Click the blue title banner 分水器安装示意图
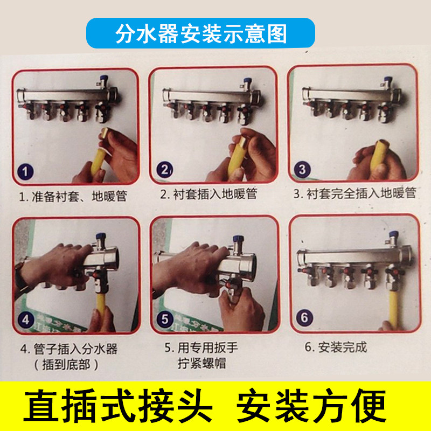tap(200, 33)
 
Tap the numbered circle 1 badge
tap(25, 172)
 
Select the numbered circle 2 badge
tap(165, 170)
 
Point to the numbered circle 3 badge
tap(302, 169)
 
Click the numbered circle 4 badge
tap(26, 319)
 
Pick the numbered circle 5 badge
tap(165, 319)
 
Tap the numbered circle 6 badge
tap(304, 317)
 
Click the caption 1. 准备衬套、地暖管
tap(73, 196)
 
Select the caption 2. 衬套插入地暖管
tap(209, 194)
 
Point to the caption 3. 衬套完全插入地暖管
tap(355, 193)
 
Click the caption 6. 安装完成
tap(336, 347)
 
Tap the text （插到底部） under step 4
tap(66, 365)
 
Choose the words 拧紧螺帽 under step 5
tap(201, 363)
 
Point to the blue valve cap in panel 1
tap(104, 78)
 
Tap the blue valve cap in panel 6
tap(394, 234)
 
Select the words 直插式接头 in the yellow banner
tap(118, 406)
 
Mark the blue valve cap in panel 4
tap(101, 237)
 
